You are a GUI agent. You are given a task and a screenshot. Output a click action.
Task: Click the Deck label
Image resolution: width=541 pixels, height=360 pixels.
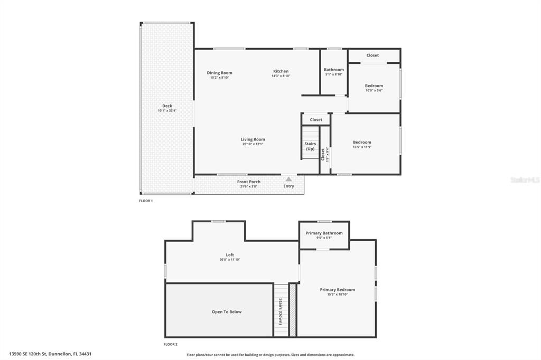[167, 106]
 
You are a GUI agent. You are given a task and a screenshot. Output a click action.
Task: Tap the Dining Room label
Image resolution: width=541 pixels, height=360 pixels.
[219, 73]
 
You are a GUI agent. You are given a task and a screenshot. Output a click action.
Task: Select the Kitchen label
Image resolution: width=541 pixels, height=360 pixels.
[281, 71]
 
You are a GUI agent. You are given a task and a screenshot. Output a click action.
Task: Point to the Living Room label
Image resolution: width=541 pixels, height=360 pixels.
[253, 139]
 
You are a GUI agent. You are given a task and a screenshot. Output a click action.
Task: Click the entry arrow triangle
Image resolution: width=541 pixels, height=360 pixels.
[288, 179]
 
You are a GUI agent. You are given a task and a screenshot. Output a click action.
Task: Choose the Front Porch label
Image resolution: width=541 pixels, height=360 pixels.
[248, 182]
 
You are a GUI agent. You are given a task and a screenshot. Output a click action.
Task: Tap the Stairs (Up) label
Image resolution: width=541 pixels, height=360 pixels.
[310, 146]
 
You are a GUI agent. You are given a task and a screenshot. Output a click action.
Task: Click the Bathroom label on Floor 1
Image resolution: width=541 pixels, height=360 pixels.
[334, 70]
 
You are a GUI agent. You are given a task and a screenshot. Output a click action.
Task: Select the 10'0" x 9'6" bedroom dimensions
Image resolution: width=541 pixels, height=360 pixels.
[374, 90]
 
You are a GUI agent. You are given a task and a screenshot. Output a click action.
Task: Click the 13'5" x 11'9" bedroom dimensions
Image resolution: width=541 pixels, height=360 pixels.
[362, 147]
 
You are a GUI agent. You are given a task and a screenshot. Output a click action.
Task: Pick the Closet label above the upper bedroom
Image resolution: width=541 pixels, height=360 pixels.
[372, 55]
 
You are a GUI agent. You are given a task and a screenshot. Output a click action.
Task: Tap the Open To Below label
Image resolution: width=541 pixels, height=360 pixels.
[227, 312]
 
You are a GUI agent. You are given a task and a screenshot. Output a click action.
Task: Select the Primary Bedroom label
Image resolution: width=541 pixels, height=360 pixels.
[337, 289]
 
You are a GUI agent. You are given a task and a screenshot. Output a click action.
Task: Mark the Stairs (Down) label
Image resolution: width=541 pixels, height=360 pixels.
[281, 311]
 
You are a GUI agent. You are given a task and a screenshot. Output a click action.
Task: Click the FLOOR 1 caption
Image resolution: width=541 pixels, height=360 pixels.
[146, 201]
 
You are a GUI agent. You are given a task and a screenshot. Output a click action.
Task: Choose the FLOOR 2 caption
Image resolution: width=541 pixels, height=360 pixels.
[171, 344]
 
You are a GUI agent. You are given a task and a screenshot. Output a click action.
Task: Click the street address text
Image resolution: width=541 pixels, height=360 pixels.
[54, 354]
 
